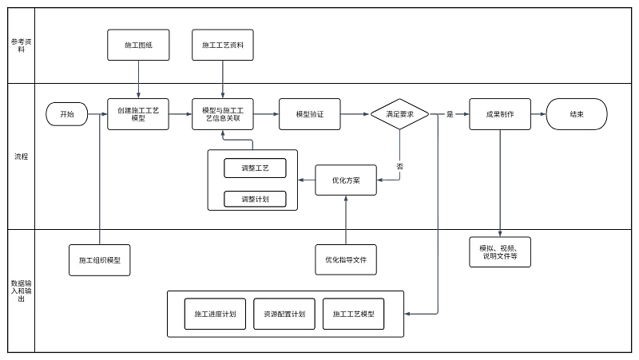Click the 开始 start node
66,114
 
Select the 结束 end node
576,114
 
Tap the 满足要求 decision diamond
399,114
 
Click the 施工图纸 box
137,45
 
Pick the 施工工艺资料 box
223,45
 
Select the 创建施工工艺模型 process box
137,114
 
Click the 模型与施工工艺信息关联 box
223,114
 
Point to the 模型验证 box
309,114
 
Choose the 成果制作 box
499,114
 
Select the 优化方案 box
345,180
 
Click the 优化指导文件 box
345,259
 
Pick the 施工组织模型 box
100,260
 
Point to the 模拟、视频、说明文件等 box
499,251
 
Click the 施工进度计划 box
215,315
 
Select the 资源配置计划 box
284,315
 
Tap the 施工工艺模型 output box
354,315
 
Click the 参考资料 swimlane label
19,45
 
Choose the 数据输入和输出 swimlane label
19,291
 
